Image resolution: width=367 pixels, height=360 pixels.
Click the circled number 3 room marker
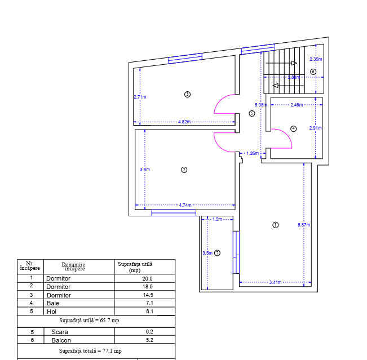pos(187,94)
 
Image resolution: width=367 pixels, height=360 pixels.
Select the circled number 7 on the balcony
pos(217,253)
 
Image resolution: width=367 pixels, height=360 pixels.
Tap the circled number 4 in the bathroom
pos(293,128)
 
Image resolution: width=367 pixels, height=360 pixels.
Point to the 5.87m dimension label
pos(304,225)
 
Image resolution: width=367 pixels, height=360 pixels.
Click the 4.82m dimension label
pos(184,122)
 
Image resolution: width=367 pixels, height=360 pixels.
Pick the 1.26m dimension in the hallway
pos(253,153)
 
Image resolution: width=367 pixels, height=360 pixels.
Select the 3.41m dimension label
pos(275,282)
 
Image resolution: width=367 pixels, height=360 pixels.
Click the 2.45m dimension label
pos(297,105)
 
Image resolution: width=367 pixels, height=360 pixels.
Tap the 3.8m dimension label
pos(145,170)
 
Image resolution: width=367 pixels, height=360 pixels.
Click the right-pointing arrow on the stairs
pos(281,63)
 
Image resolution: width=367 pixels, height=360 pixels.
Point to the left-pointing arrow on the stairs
pos(288,86)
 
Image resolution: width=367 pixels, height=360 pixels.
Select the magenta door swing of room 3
pos(219,101)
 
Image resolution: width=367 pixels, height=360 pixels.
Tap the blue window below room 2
pos(174,213)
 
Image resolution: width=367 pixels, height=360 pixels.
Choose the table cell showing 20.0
pos(148,279)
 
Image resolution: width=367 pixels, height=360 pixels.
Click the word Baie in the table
pos(53,303)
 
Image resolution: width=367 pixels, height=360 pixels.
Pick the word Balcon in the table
pos(61,340)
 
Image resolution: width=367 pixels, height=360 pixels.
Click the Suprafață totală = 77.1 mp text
pos(90,351)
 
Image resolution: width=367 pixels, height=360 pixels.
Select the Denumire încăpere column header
pos(74,266)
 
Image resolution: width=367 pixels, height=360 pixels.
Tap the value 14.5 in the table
pos(148,295)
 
